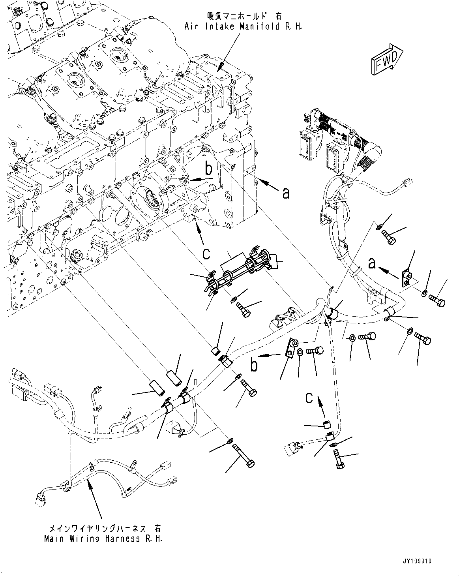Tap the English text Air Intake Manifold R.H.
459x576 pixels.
[243, 27]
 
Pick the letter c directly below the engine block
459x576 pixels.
[206, 253]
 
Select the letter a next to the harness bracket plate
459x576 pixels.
[371, 263]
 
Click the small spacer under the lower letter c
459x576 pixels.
[327, 425]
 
